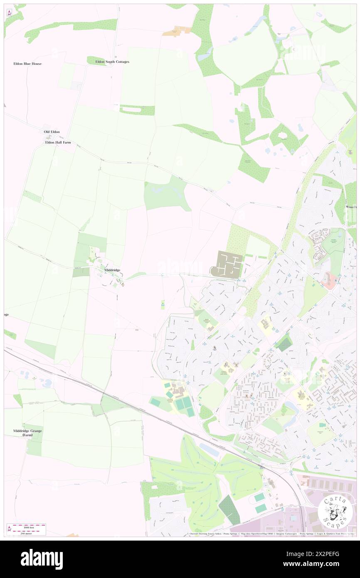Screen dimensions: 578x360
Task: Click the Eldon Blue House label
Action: coord(27,64)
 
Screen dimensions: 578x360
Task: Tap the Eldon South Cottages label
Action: coord(112,62)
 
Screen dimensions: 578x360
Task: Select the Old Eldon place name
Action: coord(52,132)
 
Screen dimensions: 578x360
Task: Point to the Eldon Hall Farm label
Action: coord(58,142)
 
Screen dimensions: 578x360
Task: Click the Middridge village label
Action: coord(112,270)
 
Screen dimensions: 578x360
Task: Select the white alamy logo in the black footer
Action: coord(42,559)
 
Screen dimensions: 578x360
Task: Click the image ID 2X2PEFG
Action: coord(327,554)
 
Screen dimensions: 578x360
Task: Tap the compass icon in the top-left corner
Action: coord(9,12)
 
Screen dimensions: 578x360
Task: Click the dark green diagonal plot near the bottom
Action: coord(229,509)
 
